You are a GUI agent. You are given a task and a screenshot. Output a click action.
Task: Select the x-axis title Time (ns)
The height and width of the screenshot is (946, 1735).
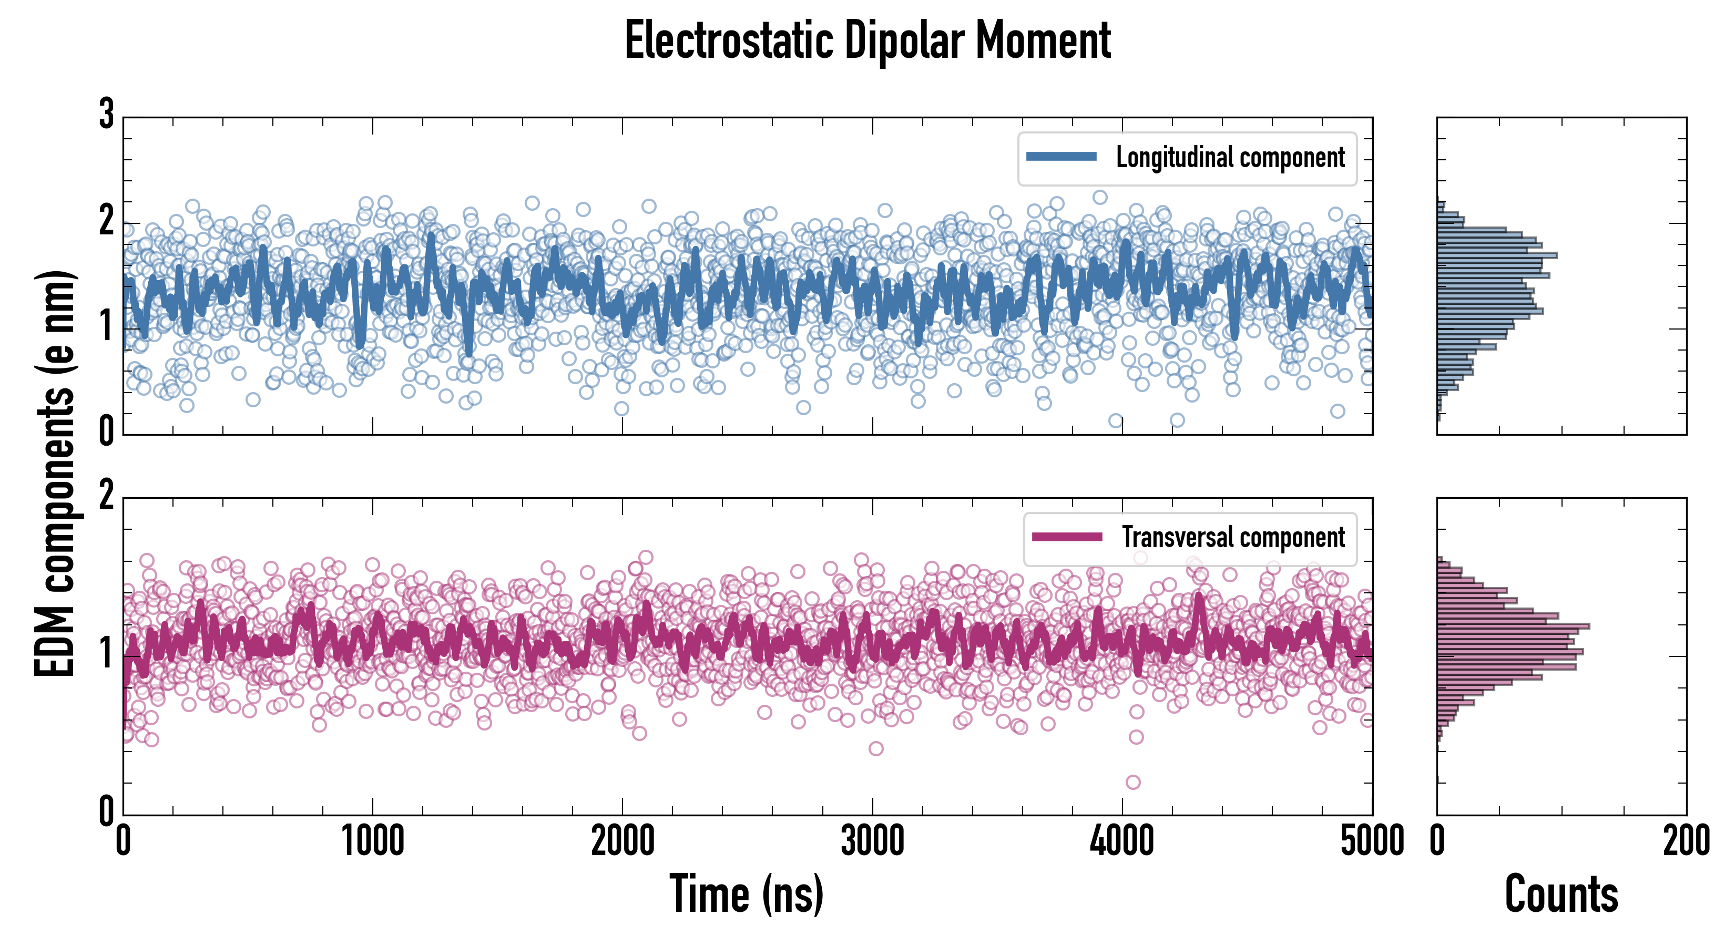[x=746, y=893]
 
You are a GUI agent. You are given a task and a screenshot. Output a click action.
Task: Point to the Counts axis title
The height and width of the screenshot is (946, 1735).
[x=1561, y=893]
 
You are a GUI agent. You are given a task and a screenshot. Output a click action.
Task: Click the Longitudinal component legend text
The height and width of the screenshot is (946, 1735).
[x=1230, y=158]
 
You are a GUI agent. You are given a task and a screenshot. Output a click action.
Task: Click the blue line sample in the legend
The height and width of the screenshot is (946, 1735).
[x=1062, y=157]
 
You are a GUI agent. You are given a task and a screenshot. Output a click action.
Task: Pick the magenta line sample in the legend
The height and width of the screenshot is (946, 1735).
[x=1067, y=537]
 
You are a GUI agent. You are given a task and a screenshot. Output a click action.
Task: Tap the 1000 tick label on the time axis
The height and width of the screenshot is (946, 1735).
[x=372, y=841]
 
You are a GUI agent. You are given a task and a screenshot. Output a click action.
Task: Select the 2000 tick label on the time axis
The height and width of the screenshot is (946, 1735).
[x=622, y=841]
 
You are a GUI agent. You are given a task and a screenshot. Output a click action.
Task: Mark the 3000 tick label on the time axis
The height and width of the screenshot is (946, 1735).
[x=872, y=841]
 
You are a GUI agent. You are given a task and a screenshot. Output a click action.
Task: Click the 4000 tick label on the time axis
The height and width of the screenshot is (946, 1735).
[x=1122, y=841]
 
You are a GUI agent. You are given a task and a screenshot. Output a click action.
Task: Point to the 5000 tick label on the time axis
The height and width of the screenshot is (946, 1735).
[x=1372, y=841]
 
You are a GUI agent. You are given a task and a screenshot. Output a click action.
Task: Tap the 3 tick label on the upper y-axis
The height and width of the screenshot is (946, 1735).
[x=106, y=115]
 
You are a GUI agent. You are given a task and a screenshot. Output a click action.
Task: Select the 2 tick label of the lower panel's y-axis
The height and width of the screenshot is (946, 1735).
[x=106, y=496]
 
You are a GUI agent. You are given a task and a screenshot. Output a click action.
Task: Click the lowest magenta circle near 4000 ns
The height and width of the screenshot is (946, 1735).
[x=1133, y=782]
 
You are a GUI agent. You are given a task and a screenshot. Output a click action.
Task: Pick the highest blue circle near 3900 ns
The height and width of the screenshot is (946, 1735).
[x=1100, y=197]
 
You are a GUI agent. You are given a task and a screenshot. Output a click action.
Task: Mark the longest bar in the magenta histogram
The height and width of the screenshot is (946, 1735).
[x=1513, y=626]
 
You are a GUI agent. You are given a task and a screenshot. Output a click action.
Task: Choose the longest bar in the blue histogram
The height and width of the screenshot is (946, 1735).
[x=1497, y=255]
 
